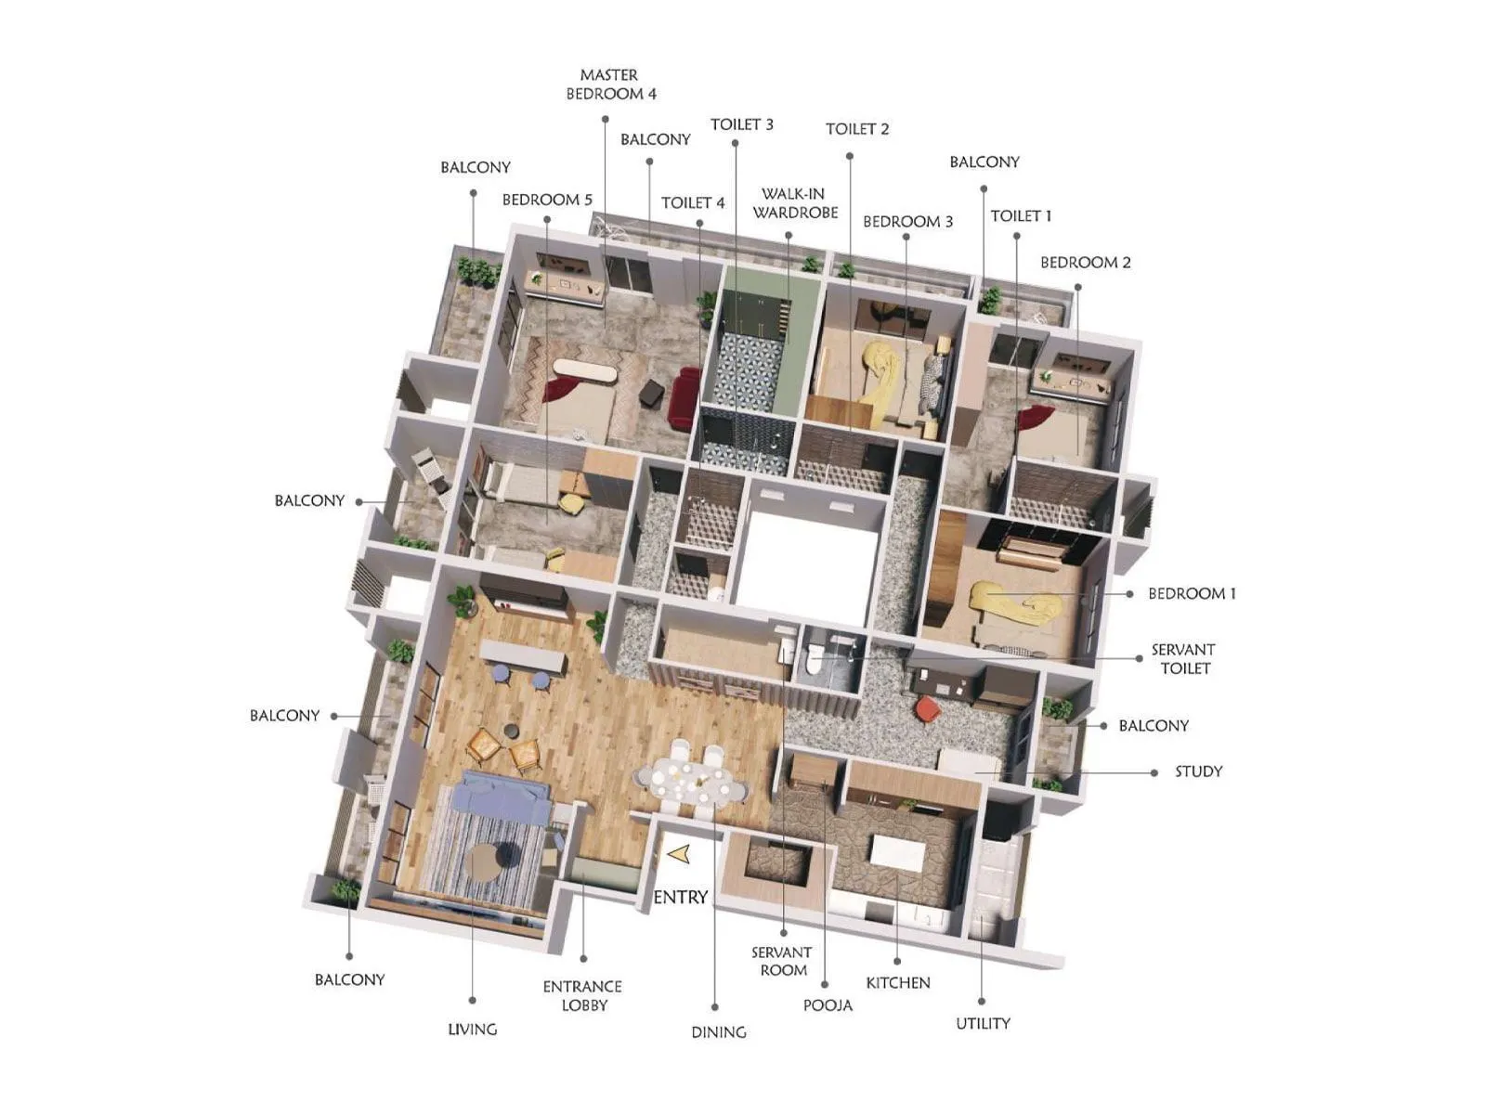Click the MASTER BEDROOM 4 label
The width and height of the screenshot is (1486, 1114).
coord(610,84)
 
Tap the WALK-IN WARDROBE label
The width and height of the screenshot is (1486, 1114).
coord(794,203)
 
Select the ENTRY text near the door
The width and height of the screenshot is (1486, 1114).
coord(680,897)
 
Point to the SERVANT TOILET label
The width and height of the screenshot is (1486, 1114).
coord(1183,659)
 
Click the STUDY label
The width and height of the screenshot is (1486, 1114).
coord(1198,771)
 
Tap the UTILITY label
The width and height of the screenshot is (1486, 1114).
coord(983,1023)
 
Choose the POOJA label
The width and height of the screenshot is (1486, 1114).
coord(828,1005)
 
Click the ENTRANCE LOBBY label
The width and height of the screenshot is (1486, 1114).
coord(582,996)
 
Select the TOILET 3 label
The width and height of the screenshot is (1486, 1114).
coord(741,124)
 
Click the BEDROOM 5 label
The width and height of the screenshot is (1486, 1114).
coord(547,200)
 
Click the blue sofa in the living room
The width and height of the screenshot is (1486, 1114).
coord(502,798)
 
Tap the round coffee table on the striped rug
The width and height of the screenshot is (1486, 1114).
coord(489,862)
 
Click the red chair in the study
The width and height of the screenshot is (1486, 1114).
coord(927,710)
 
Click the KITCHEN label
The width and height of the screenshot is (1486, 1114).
coord(897,982)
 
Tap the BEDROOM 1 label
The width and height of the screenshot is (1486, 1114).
coord(1192,593)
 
